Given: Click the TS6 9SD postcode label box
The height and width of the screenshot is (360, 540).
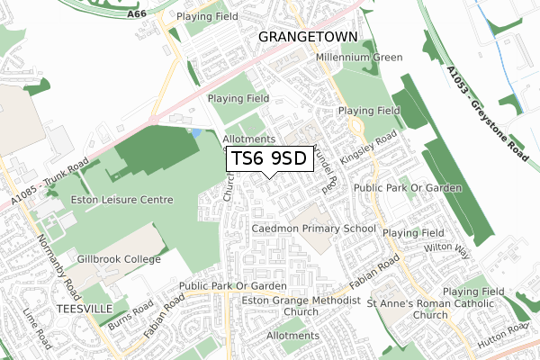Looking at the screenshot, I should [270, 159].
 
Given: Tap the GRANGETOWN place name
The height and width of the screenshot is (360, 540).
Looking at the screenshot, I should [308, 36].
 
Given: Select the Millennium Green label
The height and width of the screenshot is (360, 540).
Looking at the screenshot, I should [359, 58].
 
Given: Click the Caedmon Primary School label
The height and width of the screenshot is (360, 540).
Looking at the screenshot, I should [314, 229].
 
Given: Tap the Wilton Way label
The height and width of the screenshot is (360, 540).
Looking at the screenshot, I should [448, 248].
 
